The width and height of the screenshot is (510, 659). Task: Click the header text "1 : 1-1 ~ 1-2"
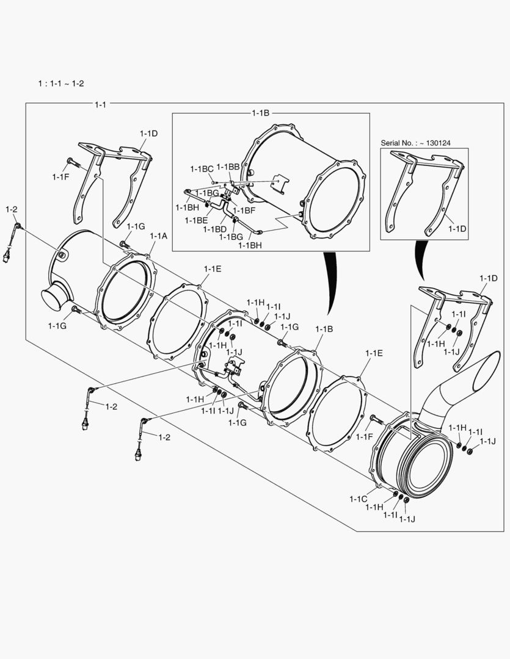point(61,83)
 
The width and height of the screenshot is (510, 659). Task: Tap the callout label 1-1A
point(158,236)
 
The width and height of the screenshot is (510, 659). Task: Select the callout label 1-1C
point(358,499)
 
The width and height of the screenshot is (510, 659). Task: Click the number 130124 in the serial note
point(439,143)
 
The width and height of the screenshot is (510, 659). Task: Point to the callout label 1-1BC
point(202,169)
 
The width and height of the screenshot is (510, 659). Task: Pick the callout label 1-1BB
point(228,167)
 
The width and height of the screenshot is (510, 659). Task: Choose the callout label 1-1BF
point(244,211)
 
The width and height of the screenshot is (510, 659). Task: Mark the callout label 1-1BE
point(196,220)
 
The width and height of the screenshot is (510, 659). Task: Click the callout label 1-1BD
point(214,229)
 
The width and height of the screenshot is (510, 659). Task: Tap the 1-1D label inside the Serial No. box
point(457,229)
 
